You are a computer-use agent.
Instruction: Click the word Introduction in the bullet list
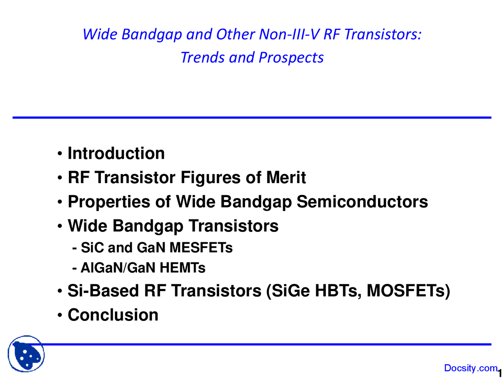116,153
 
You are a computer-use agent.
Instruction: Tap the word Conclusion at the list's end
113,315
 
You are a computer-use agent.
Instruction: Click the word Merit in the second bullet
286,178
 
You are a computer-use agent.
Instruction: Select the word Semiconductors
362,202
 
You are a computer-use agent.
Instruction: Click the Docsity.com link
471,368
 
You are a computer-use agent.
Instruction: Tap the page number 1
500,372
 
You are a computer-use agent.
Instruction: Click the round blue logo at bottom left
26,354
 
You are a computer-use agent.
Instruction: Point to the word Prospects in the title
291,57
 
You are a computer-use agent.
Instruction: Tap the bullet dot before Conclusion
60,315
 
